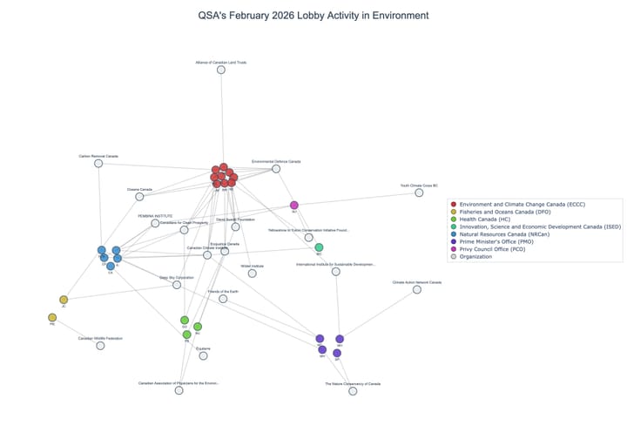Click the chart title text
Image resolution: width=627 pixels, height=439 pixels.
tap(313, 16)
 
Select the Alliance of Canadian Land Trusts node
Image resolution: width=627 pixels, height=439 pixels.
tap(221, 70)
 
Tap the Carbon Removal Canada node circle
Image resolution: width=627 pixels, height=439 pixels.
tap(98, 163)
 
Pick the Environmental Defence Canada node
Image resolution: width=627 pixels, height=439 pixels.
tap(276, 168)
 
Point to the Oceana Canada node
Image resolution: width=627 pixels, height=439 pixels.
tap(139, 196)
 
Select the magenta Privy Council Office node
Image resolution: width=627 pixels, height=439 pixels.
tap(294, 206)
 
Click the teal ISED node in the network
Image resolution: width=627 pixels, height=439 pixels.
tap(319, 247)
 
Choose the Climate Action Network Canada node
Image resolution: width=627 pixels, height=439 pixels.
tap(417, 289)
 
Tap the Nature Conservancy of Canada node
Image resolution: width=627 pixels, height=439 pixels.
tap(353, 391)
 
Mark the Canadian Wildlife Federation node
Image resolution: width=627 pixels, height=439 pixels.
tap(100, 346)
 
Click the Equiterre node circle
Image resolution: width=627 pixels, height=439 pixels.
tap(203, 355)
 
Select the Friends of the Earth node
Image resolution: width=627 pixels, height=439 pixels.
tap(223, 299)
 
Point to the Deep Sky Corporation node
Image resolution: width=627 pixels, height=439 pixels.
tap(177, 285)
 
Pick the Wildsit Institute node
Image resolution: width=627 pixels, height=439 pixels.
tap(252, 273)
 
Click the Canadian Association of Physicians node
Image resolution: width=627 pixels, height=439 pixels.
tap(179, 390)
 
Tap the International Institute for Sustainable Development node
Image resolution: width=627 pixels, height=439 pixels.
tap(335, 272)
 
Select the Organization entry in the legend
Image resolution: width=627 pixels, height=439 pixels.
tap(483, 256)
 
